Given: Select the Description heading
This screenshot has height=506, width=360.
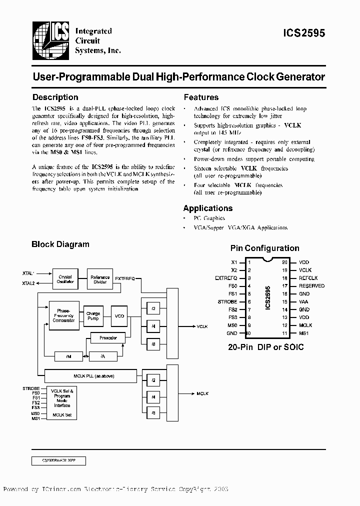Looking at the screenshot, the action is point(55,97).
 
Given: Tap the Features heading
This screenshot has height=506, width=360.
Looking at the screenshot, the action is point(201,97).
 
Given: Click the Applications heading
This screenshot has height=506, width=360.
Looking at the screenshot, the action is point(207,208).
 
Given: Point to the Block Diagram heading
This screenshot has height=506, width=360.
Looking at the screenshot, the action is point(60,244).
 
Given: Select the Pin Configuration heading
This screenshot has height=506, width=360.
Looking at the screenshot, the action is point(264,248).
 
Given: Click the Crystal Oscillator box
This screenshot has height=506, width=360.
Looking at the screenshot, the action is point(65,279).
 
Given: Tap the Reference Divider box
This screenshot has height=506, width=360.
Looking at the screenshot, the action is point(100,279).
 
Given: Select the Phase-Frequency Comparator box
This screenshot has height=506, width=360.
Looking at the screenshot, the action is point(63,315).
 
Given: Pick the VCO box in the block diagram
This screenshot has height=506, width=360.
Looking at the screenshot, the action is point(119,315).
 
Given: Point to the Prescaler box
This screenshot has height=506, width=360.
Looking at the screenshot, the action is point(108,338).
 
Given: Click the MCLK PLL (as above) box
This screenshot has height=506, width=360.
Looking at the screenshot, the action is point(90,375).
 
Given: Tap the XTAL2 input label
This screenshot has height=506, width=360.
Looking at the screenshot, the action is point(28,283).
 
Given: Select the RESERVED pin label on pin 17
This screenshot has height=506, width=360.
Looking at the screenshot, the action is point(311,286).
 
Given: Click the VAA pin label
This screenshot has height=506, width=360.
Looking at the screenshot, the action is point(303,301).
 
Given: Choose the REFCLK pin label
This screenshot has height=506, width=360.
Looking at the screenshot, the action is point(308,278).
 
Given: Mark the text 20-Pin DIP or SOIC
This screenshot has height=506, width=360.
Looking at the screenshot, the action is point(265,347).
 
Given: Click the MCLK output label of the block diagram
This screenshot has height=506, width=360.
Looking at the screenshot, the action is point(202,394).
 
